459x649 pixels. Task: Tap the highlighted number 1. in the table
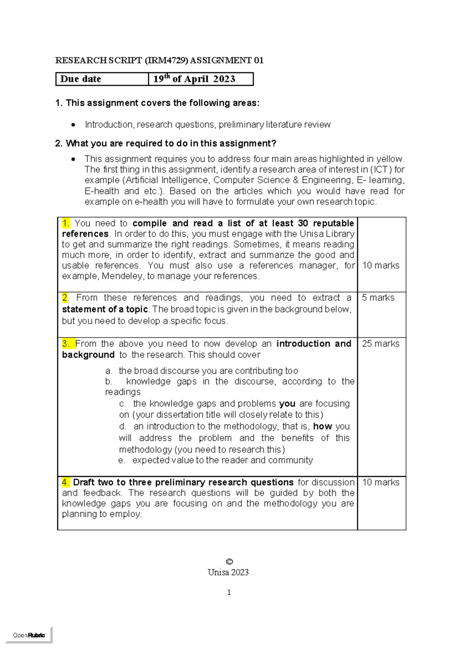(66, 223)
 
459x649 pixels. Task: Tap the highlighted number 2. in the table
(65, 298)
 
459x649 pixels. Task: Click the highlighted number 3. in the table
(66, 344)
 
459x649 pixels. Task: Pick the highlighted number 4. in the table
(66, 482)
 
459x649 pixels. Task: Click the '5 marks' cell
(378, 298)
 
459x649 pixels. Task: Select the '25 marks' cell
(380, 344)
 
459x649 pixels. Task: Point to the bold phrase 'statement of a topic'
(105, 309)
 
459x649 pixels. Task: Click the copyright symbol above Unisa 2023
(229, 562)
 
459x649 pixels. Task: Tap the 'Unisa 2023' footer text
(228, 572)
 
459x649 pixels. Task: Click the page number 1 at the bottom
(229, 593)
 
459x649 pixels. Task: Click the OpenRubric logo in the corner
(29, 635)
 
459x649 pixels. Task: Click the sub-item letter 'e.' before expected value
(122, 460)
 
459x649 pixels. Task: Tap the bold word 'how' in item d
(322, 426)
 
